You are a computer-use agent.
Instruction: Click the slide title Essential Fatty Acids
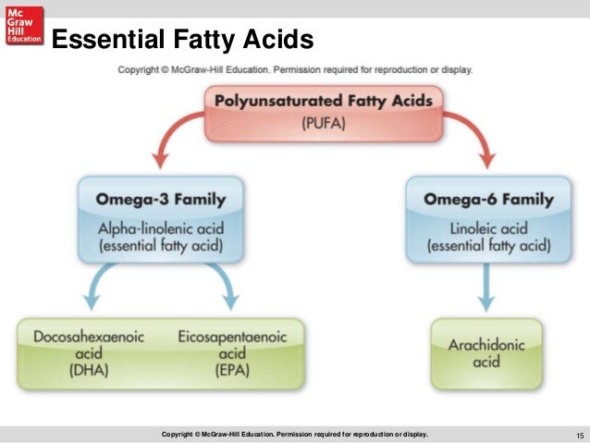[181, 41]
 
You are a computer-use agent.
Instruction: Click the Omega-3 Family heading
[159, 199]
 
